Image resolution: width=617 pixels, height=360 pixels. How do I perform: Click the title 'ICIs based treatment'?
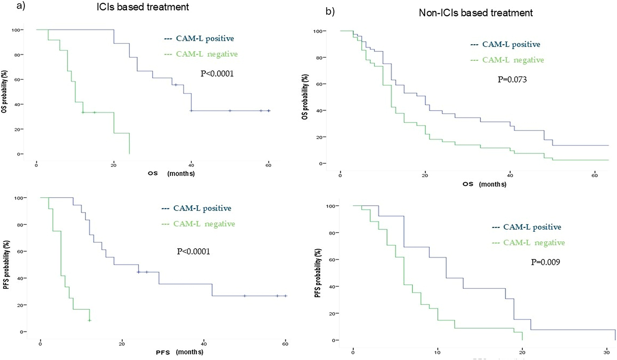click(x=143, y=7)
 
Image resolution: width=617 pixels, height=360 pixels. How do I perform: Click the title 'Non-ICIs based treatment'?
click(x=476, y=13)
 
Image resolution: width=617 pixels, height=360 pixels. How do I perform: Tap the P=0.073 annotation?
click(x=512, y=79)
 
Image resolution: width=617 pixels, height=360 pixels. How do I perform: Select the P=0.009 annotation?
click(x=546, y=262)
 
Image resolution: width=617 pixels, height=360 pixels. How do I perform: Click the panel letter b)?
click(x=330, y=12)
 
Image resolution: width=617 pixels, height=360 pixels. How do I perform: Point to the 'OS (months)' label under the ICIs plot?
click(x=171, y=173)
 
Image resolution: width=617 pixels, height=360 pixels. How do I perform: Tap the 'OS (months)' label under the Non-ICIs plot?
click(x=484, y=184)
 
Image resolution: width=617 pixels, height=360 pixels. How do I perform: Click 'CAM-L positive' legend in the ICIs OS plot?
click(x=205, y=38)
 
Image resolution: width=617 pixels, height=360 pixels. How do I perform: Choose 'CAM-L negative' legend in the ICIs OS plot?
click(x=207, y=54)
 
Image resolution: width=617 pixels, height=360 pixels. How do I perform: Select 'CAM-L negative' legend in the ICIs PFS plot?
click(x=204, y=224)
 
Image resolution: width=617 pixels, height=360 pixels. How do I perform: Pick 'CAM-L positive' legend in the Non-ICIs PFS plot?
click(x=532, y=227)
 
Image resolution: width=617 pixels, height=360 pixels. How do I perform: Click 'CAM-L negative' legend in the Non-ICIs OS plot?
click(x=513, y=60)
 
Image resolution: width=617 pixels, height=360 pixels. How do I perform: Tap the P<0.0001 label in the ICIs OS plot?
click(x=217, y=73)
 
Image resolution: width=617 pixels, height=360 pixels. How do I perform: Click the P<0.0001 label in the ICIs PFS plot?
click(x=194, y=251)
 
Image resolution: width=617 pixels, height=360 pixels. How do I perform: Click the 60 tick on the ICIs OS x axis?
click(x=268, y=165)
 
